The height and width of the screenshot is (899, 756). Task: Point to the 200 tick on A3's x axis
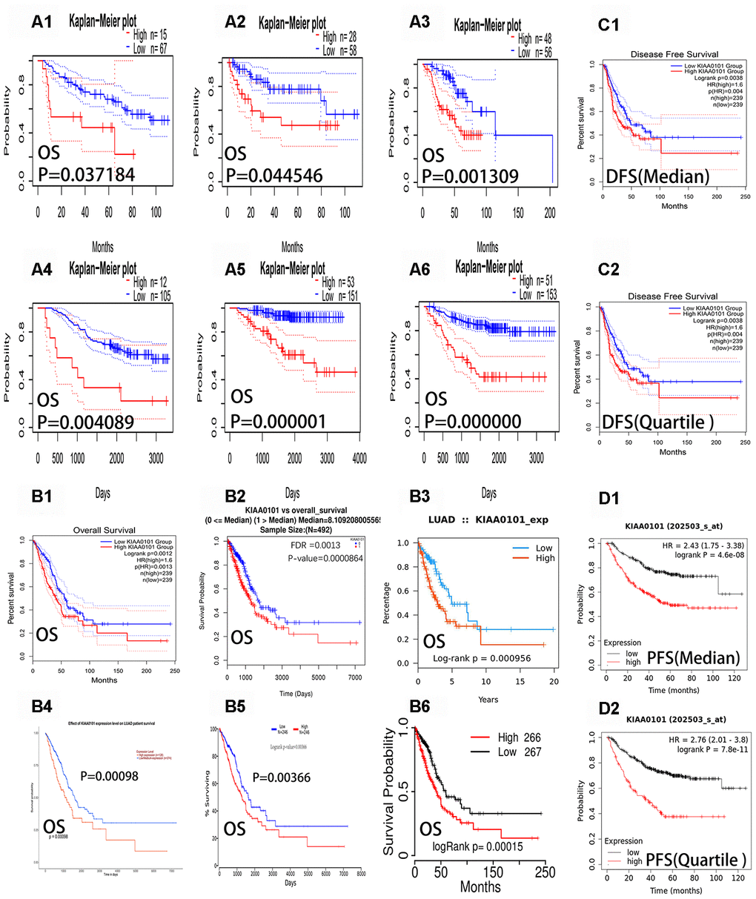549,213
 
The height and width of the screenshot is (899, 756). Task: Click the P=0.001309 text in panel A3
470,176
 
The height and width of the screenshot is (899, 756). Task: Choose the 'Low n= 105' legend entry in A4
149,296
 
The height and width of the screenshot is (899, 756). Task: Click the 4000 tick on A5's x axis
359,458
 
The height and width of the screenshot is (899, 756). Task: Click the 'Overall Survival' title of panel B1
104,530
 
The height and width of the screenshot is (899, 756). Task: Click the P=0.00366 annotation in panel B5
282,777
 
